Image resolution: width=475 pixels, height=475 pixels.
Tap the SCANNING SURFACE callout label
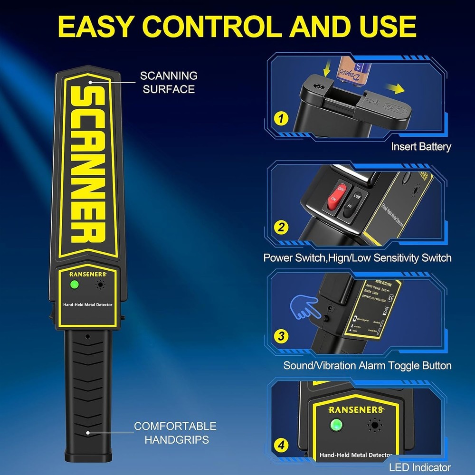pyautogui.click(x=169, y=82)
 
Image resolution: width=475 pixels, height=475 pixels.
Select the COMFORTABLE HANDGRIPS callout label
pyautogui.click(x=175, y=433)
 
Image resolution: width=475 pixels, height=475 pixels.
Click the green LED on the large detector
pyautogui.click(x=74, y=285)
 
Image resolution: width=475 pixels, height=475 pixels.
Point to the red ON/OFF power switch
pyautogui.click(x=334, y=196)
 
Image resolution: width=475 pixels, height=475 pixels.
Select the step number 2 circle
pyautogui.click(x=282, y=228)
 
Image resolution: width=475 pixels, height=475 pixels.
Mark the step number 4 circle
pyautogui.click(x=282, y=446)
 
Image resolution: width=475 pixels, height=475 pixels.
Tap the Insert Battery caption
pyautogui.click(x=421, y=146)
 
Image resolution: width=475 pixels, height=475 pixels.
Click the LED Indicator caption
pyautogui.click(x=420, y=468)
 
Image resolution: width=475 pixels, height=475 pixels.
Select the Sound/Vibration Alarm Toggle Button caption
pyautogui.click(x=367, y=365)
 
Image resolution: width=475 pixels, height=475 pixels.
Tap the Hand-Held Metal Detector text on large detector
pyautogui.click(x=88, y=304)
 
